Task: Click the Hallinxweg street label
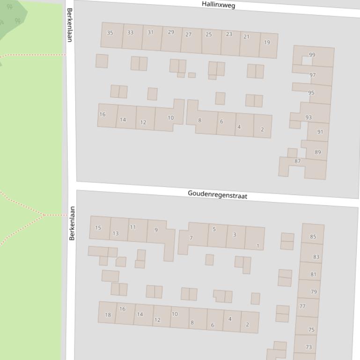point(218,5)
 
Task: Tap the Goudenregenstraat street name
point(217,194)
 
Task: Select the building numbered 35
point(110,33)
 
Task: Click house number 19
point(267,43)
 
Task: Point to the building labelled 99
point(312,55)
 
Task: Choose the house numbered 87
point(297,162)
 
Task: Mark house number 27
point(189,35)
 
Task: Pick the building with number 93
point(309,117)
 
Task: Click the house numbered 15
point(98,228)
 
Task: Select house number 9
point(156,230)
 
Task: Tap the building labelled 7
point(191,238)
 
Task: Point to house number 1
point(257,246)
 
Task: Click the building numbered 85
point(313,237)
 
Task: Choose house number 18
point(108,315)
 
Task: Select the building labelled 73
point(308,347)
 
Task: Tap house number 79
point(313,292)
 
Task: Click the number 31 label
point(151,32)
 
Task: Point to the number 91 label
point(320,132)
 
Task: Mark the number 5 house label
point(214,229)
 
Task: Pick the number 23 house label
point(229,34)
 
